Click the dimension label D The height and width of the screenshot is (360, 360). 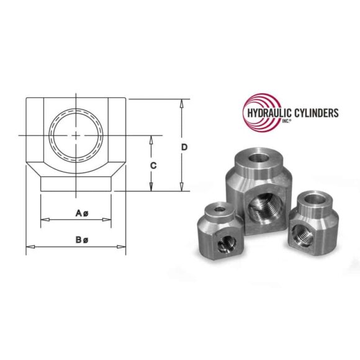184,147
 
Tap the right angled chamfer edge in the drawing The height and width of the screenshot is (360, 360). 119,168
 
